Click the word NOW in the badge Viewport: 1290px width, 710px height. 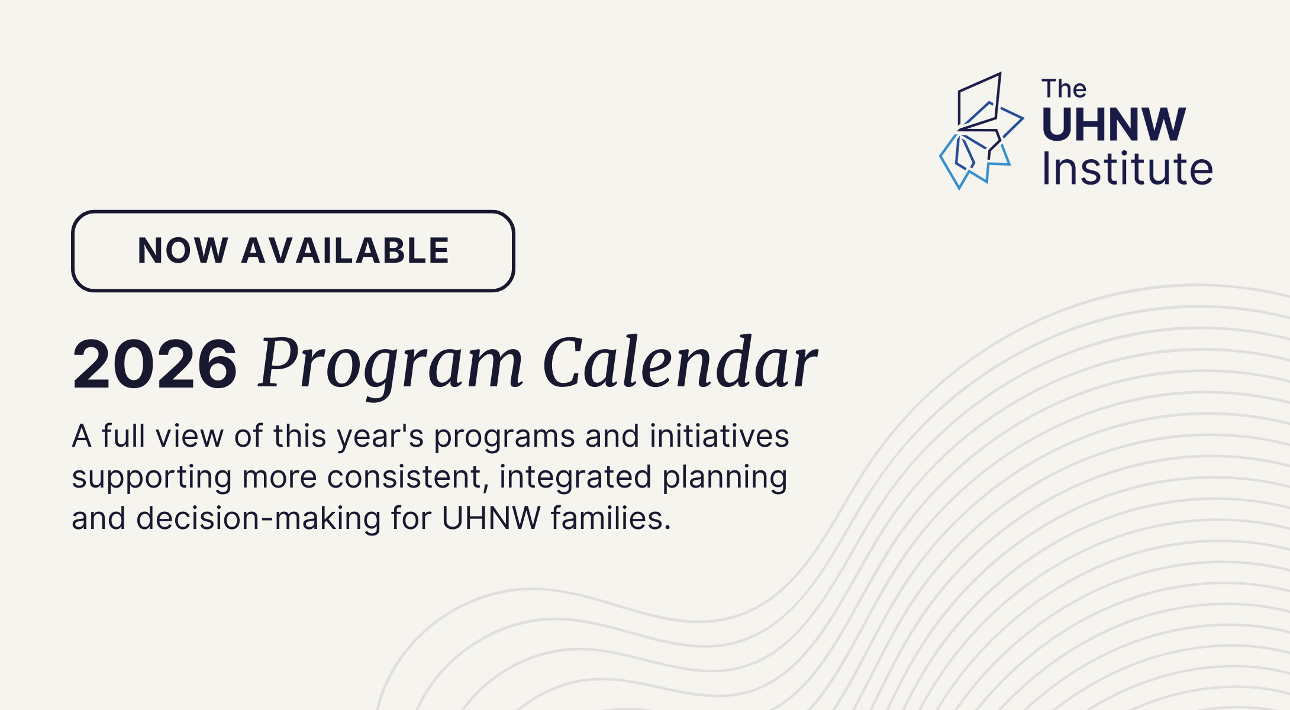coord(183,250)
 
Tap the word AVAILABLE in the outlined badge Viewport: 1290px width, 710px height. coord(346,250)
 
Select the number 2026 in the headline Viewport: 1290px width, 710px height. coord(155,364)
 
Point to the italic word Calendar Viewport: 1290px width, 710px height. coord(681,363)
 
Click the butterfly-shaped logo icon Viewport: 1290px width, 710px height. coord(982,131)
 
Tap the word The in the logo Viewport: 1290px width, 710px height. coord(1064,89)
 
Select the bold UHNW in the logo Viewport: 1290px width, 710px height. coord(1114,124)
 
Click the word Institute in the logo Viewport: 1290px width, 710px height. coord(1128,168)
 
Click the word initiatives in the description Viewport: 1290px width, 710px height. coord(719,436)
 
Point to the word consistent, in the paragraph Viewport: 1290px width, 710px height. coord(408,478)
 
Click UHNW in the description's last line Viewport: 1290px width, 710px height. coord(491,518)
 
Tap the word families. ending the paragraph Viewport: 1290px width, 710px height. coord(611,518)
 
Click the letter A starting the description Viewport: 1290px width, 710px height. coord(82,436)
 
